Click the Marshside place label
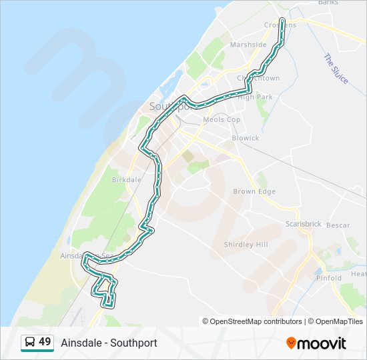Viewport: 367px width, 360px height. coord(248,45)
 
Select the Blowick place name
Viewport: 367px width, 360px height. coord(246,138)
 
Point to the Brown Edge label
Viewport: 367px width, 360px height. coord(254,191)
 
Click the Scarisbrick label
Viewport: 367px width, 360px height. coord(304,224)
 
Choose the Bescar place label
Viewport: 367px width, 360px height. coord(338,225)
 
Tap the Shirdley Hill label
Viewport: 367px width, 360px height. coord(246,245)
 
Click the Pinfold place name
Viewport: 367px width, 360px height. coord(329,278)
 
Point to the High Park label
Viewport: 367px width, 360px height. coord(256,97)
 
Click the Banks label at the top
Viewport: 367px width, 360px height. coord(328,3)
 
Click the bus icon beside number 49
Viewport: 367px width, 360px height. coord(30,343)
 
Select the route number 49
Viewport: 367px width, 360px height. coord(45,342)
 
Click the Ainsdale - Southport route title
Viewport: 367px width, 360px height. coord(109,343)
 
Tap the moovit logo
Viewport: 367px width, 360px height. coord(316,343)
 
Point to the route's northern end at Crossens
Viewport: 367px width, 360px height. coord(283,21)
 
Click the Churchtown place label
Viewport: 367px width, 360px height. coord(259,78)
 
